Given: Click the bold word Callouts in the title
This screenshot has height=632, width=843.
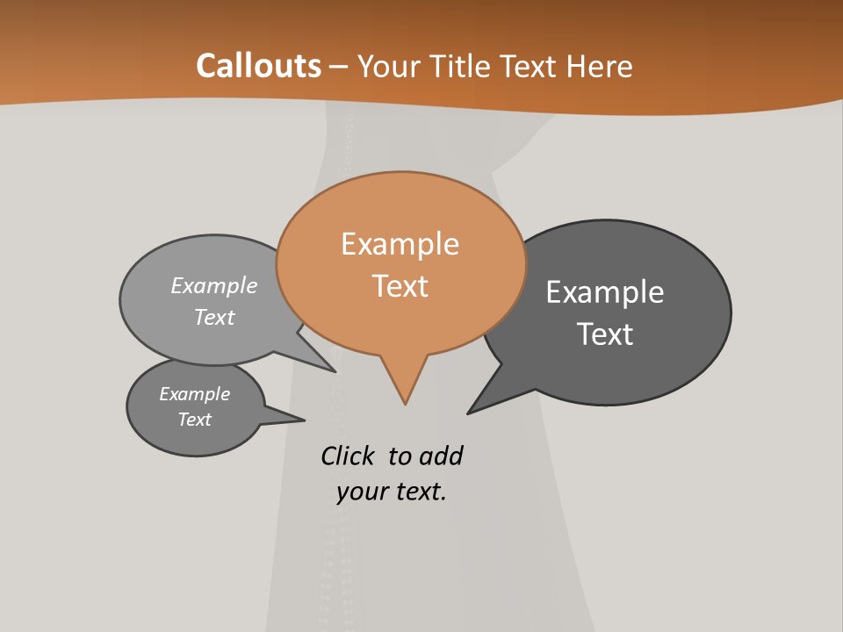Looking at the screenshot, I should [x=258, y=66].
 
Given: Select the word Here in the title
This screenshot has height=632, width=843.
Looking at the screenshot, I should [x=600, y=66].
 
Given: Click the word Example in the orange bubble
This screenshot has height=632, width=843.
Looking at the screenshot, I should [x=400, y=244].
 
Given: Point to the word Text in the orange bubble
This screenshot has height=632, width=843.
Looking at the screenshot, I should [x=400, y=286].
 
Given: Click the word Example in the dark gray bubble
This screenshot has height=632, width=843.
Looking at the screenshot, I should [x=605, y=292].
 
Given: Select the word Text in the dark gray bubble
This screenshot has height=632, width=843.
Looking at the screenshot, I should [x=605, y=334].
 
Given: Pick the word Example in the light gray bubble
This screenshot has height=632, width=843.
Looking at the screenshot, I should [x=214, y=286].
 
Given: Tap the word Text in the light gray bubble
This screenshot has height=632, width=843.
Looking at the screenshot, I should [x=214, y=318].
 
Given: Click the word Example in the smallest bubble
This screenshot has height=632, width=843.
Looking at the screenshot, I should [x=194, y=394].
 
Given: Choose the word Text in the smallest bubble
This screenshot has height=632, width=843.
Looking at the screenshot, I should [x=194, y=420].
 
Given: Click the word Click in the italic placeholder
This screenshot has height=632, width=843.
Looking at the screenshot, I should [x=347, y=456].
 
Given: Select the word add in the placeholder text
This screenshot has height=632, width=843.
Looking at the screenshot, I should [x=441, y=456].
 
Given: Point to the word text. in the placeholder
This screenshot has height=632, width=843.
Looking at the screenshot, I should [x=420, y=492].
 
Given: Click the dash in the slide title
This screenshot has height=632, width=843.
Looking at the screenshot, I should [x=339, y=68].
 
